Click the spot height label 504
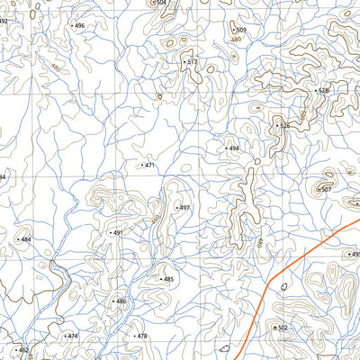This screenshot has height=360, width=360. [x=161, y=3]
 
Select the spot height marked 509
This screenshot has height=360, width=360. [x=240, y=31]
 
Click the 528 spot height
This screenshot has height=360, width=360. [x=323, y=91]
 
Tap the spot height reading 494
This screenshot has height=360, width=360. [x=233, y=148]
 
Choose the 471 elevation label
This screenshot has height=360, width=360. [x=148, y=166]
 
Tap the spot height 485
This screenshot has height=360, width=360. [x=167, y=280]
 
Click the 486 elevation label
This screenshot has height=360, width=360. [x=120, y=301]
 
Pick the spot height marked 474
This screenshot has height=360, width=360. [x=72, y=336]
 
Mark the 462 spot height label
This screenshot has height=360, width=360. [x=22, y=349]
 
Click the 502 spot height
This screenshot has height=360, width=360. [x=282, y=328]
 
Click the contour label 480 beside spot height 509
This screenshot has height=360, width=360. [x=237, y=40]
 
